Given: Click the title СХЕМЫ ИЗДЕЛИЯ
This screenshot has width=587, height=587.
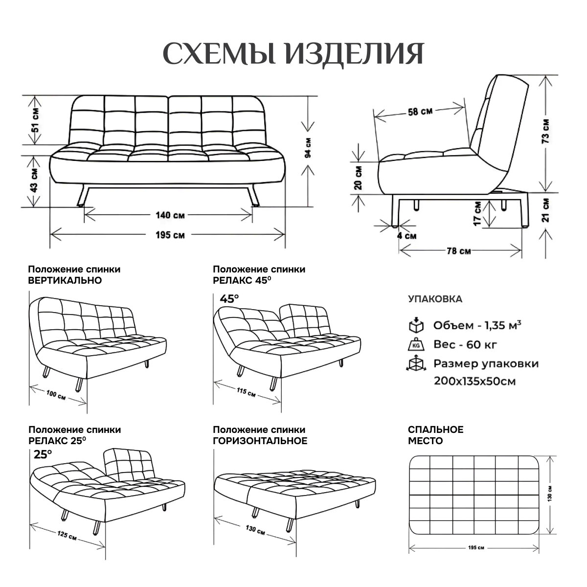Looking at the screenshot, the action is coord(293,54).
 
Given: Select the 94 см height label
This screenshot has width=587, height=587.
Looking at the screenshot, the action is coord(308,150).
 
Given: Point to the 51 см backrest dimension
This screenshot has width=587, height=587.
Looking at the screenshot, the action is coord(34,120).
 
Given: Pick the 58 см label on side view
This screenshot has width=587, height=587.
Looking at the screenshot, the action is coord(420,112).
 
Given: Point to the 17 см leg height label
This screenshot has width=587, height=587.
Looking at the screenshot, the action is coord(477,214).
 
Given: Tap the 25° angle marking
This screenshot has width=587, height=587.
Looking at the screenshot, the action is coord(43,454).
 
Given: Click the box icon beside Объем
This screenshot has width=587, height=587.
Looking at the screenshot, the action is coord(415,326).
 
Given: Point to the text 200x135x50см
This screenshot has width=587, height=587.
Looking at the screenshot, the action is coord(474,381).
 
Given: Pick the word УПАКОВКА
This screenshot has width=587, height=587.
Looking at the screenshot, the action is coord(435,299).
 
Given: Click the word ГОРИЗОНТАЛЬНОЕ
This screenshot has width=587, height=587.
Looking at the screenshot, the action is coord(260,441).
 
